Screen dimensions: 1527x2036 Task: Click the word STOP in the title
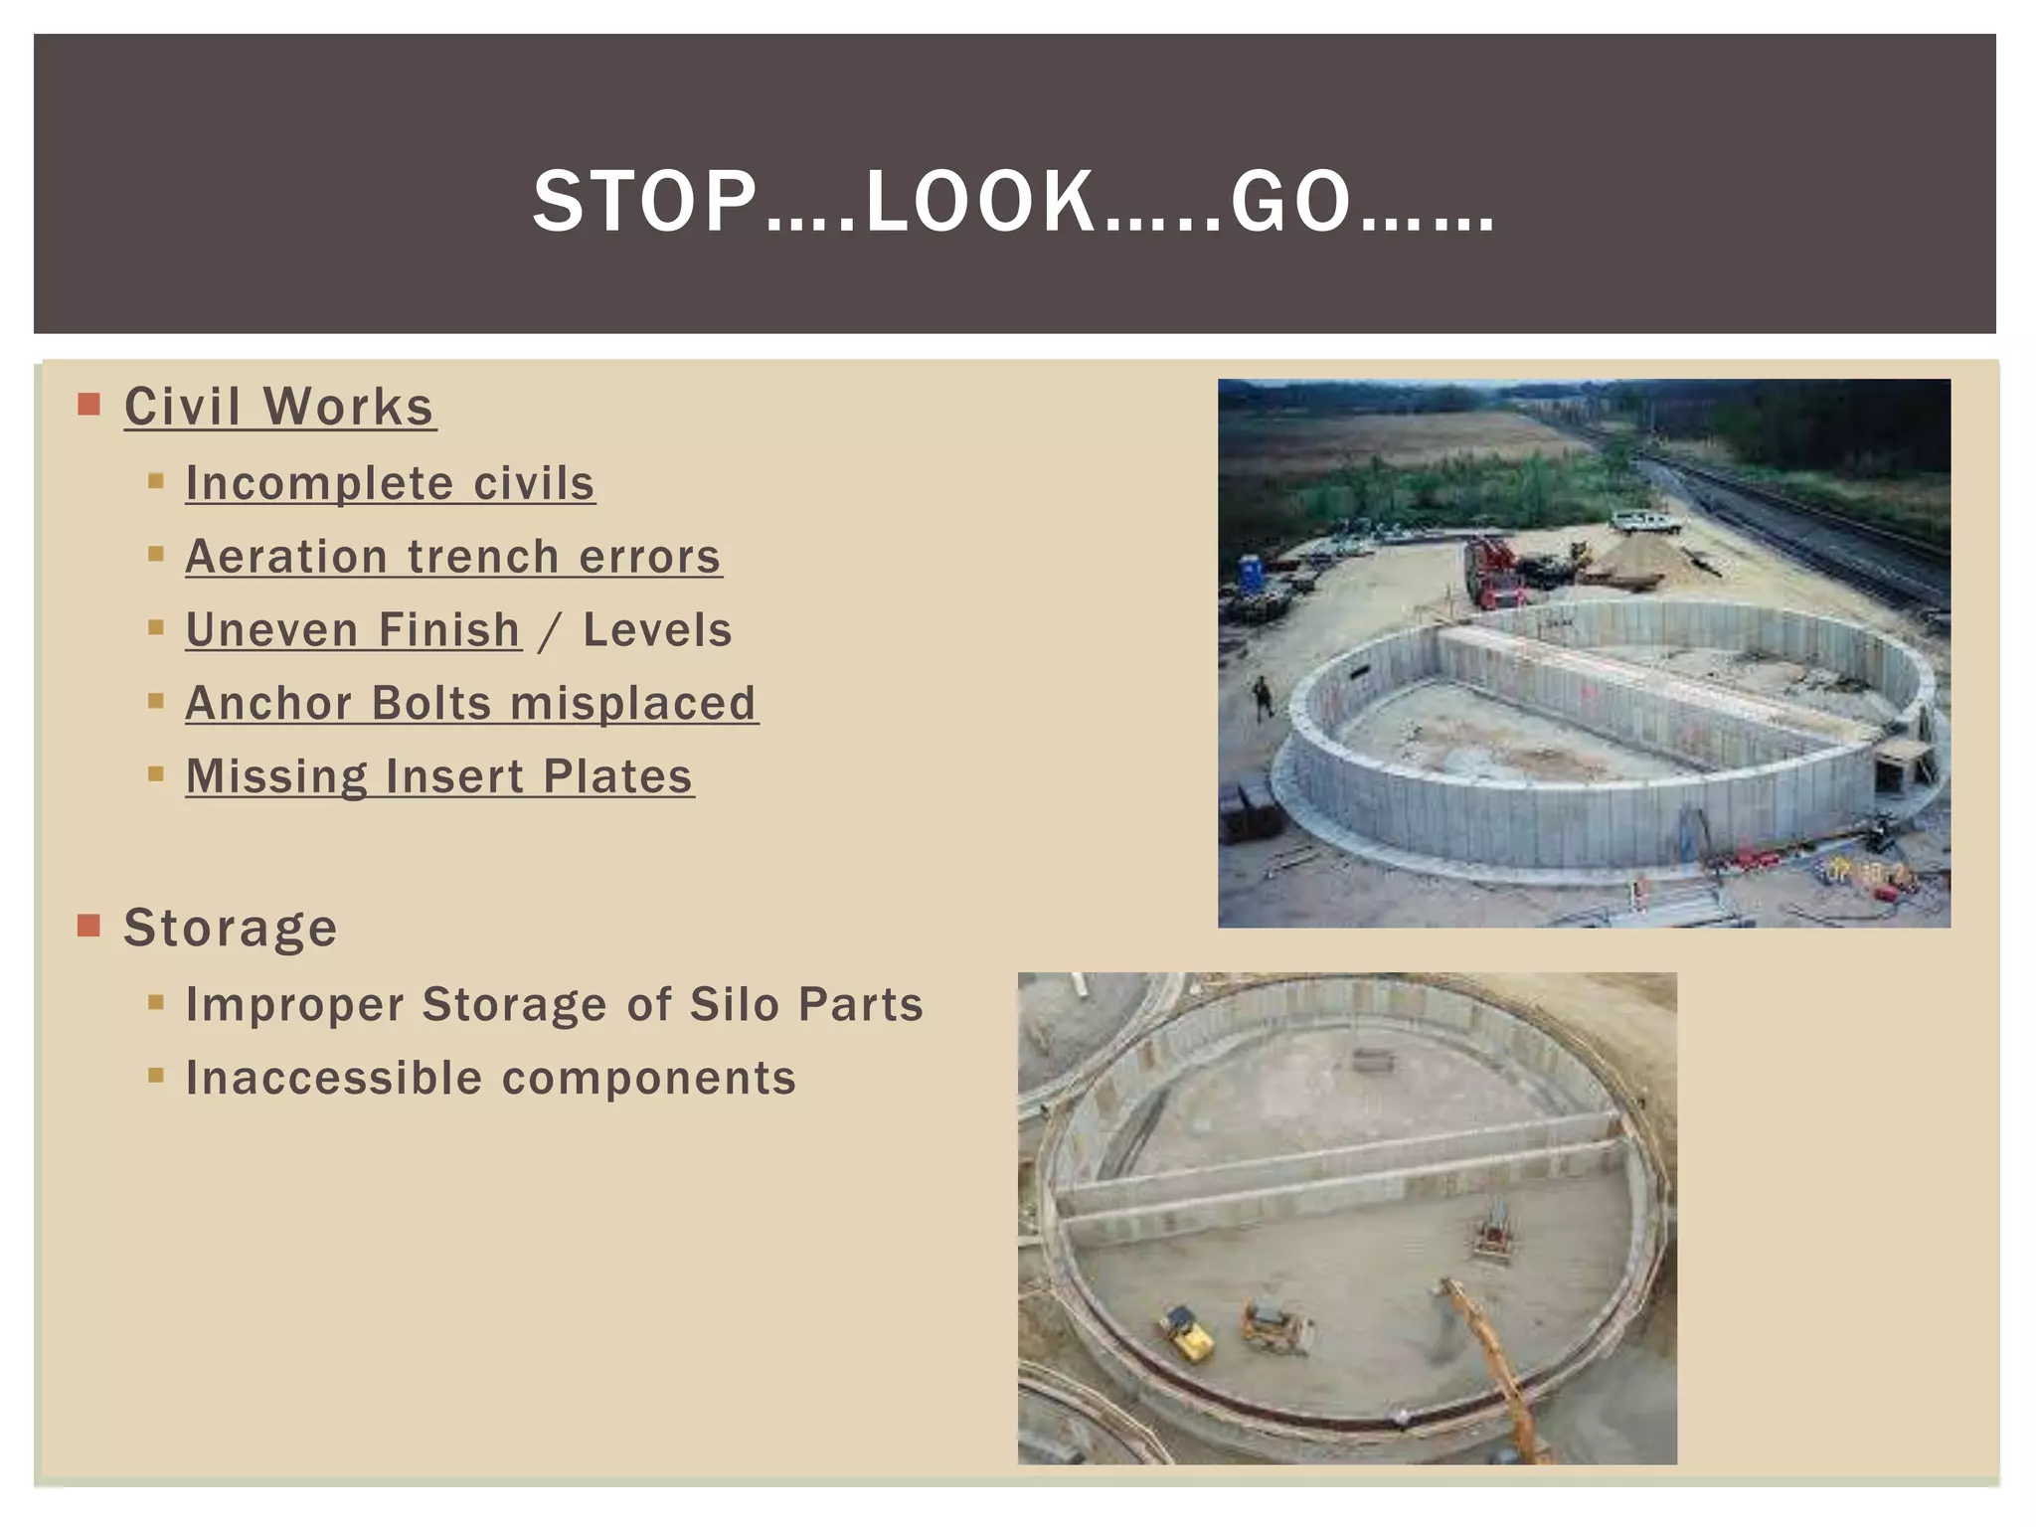644,202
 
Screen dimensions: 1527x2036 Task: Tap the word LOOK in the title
979,202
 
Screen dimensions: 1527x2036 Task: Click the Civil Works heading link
279,407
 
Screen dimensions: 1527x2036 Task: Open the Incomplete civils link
390,484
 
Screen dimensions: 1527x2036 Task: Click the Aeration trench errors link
453,557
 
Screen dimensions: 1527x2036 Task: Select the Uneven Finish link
353,630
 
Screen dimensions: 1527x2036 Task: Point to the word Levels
657,630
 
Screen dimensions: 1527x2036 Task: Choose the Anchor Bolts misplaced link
471,704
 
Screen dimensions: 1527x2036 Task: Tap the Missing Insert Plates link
439,776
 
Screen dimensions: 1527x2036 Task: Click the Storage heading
231,928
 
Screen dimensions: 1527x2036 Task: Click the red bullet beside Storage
89,926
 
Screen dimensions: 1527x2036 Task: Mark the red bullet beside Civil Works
89,405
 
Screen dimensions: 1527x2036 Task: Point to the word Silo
735,1004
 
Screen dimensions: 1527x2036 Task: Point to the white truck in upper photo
1644,521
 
